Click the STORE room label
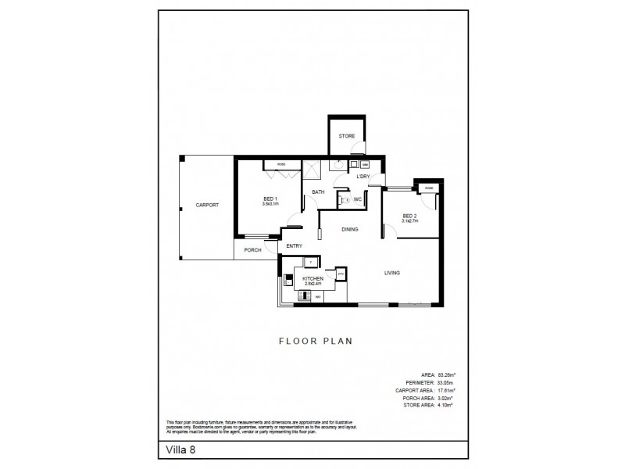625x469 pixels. point(346,136)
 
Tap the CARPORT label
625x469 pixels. point(207,205)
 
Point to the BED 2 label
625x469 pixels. point(410,216)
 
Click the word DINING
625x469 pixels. point(349,230)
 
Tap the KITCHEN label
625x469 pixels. point(313,278)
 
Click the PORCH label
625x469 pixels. point(252,250)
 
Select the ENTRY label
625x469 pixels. point(294,246)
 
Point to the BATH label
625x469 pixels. point(319,192)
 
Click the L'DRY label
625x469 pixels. point(362,177)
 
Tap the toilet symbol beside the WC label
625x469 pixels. point(347,200)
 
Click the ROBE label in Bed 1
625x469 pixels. point(279,164)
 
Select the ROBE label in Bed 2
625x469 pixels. point(429,188)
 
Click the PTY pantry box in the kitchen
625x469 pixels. point(341,274)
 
